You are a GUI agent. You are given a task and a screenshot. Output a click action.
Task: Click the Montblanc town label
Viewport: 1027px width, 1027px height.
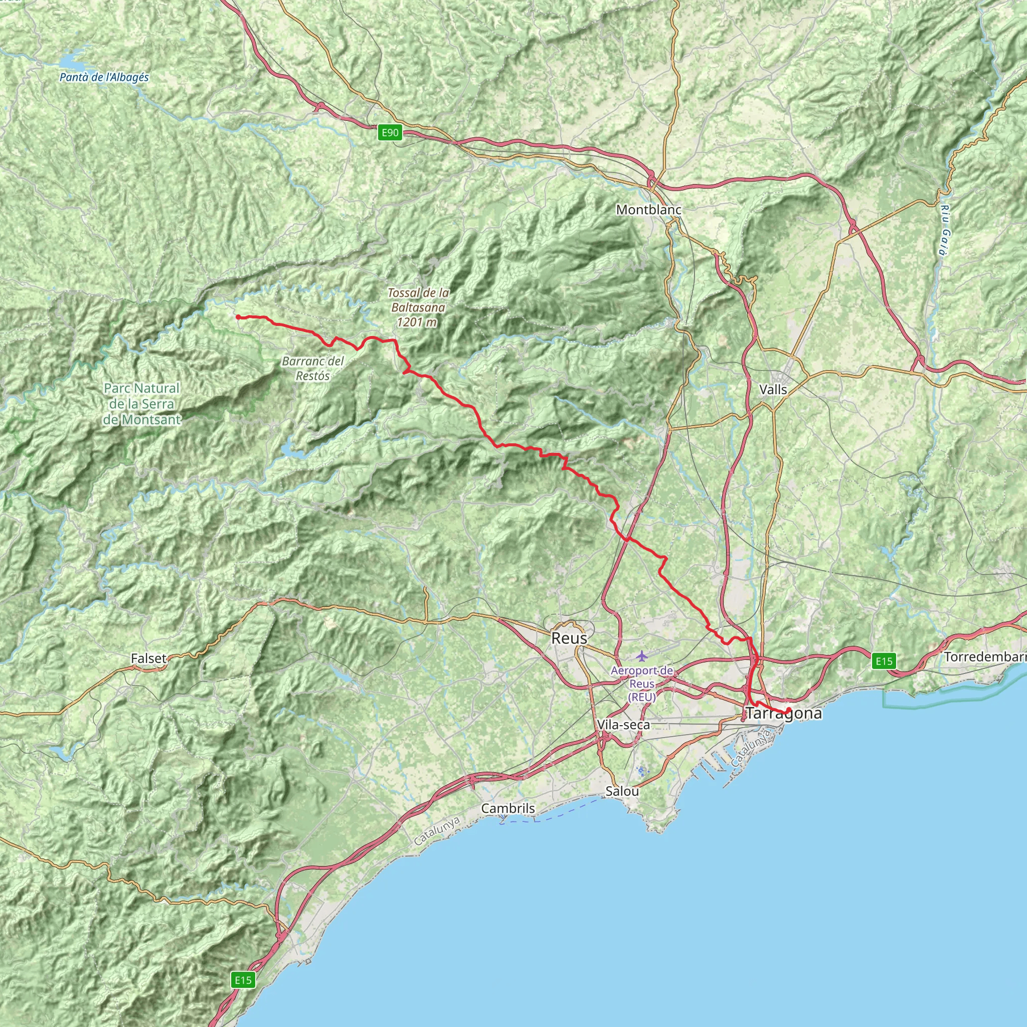648,210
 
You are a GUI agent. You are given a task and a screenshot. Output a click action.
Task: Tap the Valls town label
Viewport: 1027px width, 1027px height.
773,390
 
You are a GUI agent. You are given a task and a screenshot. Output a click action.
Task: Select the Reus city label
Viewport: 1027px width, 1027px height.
569,638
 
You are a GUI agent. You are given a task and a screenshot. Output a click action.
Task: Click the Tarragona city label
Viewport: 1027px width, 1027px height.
784,714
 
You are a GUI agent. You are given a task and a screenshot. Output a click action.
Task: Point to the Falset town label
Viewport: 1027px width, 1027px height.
148,658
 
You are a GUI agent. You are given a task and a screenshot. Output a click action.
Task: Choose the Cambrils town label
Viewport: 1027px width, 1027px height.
507,808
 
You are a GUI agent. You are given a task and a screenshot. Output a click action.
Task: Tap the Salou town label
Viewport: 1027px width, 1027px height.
622,791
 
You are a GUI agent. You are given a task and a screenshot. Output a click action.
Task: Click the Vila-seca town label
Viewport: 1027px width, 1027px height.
623,725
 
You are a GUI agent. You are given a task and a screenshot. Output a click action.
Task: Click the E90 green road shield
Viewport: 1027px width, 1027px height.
390,132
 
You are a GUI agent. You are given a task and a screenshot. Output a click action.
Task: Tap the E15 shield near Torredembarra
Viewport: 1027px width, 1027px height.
884,661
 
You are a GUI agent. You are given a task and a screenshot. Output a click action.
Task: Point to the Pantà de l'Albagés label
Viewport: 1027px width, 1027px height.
104,78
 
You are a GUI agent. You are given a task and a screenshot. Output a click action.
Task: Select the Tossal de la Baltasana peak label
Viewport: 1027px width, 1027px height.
418,307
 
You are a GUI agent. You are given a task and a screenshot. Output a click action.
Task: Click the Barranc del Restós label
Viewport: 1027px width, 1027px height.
312,369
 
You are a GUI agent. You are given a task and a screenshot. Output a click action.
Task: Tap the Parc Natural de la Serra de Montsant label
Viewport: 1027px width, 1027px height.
141,404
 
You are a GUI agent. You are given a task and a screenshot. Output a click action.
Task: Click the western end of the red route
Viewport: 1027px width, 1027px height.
237,317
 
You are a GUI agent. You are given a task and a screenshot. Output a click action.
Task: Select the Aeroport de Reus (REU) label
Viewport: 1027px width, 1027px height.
641,684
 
